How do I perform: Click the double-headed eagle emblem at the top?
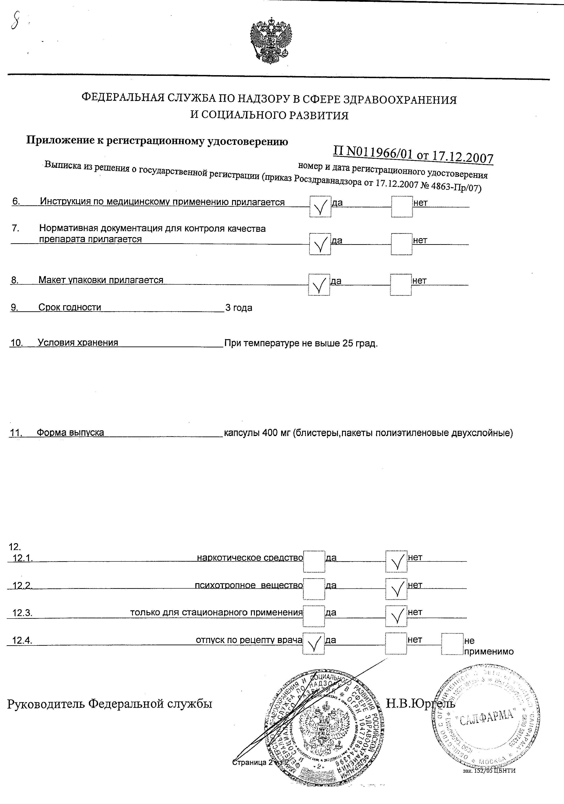(x=270, y=40)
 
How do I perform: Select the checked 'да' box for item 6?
(x=320, y=207)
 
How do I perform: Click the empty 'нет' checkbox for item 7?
(x=401, y=244)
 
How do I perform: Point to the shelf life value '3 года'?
(x=239, y=308)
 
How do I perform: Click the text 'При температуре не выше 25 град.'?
(x=301, y=343)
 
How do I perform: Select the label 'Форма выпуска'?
(x=70, y=432)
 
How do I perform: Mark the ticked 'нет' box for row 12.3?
(x=396, y=616)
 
